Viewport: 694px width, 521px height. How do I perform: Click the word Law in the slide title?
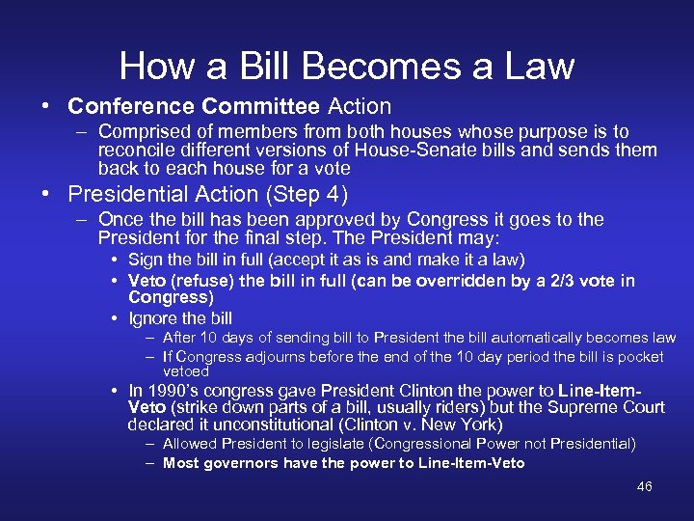[x=538, y=66]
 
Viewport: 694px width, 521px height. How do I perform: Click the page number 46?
[x=645, y=486]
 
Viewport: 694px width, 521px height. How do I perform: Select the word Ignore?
[x=154, y=317]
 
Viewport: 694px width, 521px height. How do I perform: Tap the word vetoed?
[x=186, y=370]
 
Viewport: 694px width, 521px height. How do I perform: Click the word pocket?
[x=641, y=357]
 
